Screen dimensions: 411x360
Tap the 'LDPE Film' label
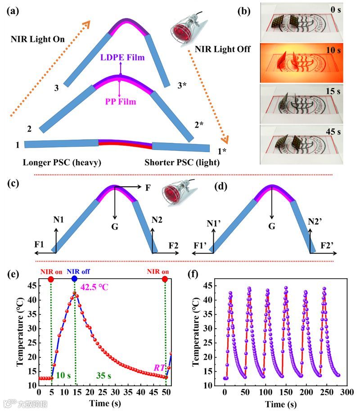(x=120, y=59)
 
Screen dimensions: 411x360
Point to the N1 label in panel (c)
(x=57, y=220)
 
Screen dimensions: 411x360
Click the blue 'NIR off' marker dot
(x=75, y=279)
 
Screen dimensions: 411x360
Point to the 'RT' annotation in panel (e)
(x=158, y=372)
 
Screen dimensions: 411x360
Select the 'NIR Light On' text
(x=38, y=40)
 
